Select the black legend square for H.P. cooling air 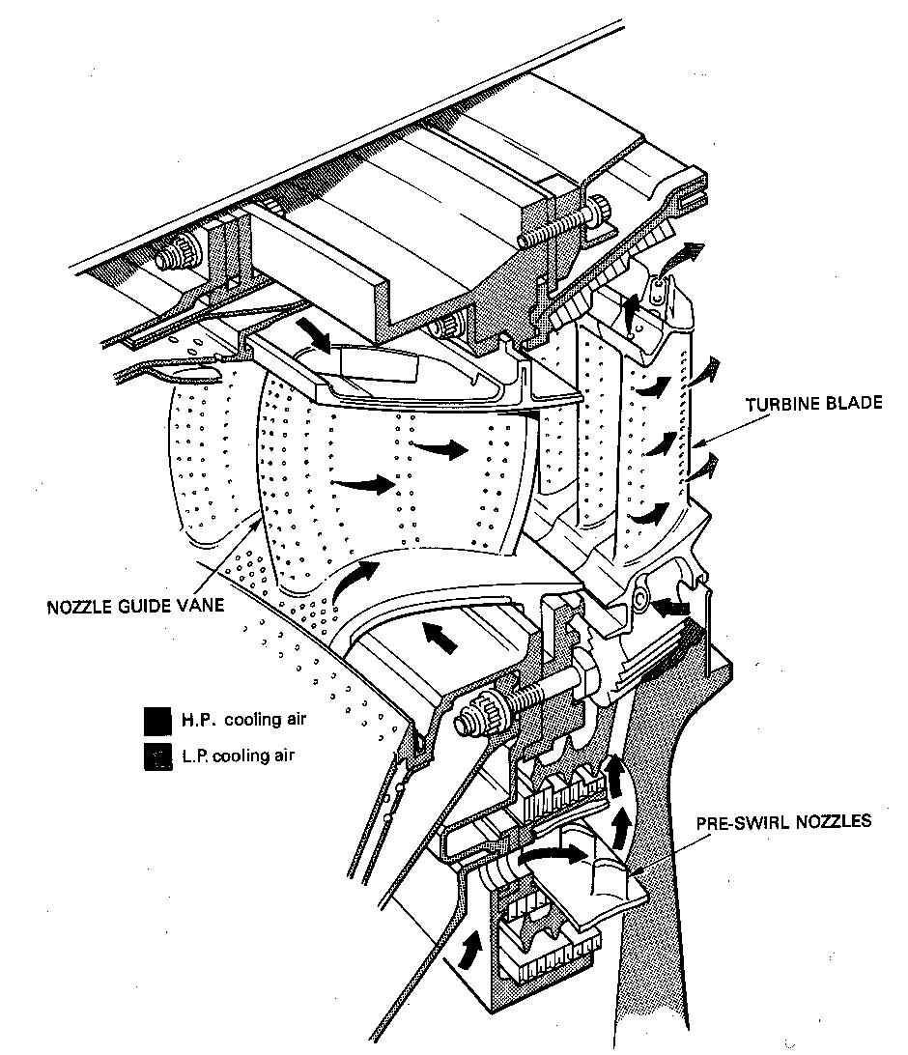click(155, 720)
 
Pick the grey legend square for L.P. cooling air click(155, 755)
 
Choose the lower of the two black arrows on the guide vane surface click(362, 480)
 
